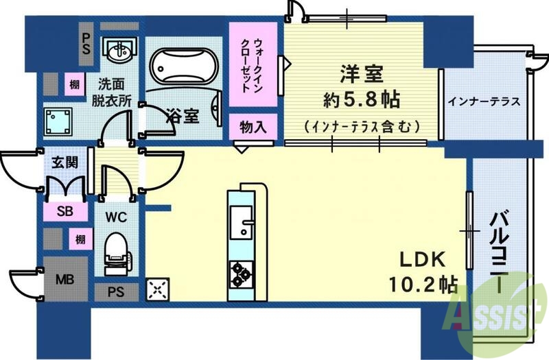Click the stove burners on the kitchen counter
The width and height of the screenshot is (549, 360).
[x=241, y=273]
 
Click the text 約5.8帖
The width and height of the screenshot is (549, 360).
[x=362, y=99]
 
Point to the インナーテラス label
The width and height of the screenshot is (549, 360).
[x=483, y=102]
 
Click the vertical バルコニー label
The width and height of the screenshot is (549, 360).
[x=499, y=250]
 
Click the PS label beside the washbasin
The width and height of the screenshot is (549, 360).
[x=87, y=43]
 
